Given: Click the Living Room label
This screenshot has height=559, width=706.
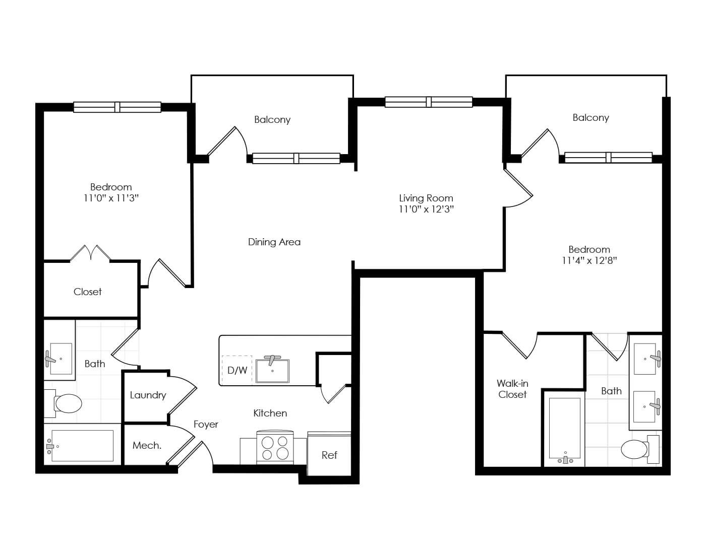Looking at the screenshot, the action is (x=426, y=198).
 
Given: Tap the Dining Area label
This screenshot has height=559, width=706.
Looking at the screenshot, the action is (x=274, y=242).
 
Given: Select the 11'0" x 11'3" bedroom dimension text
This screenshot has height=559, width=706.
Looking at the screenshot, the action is (x=111, y=198).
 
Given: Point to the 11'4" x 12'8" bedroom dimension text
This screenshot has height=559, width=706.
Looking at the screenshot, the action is (x=589, y=260).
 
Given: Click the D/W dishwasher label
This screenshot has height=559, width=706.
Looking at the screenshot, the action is (x=237, y=370).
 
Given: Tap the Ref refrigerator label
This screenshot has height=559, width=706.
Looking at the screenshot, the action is (x=329, y=455).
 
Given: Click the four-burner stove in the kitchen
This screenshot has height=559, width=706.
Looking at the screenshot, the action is (x=275, y=447).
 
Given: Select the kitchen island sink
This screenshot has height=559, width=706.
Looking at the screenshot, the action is (x=272, y=370).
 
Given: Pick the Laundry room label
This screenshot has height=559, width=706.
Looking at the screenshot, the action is (x=148, y=395).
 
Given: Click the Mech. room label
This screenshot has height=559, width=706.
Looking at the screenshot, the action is (x=147, y=445).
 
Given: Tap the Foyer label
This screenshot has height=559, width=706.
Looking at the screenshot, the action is (x=206, y=425).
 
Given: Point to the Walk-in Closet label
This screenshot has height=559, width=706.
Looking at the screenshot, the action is (x=512, y=389).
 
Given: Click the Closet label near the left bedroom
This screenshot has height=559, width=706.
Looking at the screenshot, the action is (x=88, y=292).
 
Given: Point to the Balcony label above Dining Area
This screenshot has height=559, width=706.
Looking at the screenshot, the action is (x=272, y=119).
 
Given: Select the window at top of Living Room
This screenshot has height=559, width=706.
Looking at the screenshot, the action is (x=429, y=102).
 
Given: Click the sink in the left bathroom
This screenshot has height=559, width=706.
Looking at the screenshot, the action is (x=60, y=359).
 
